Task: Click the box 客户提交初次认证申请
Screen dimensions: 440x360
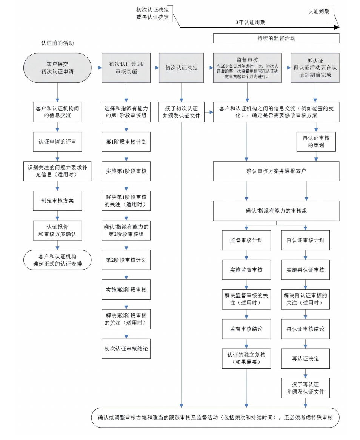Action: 58,68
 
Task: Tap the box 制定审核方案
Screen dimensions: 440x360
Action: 57,201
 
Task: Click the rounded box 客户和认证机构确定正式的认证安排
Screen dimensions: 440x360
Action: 57,260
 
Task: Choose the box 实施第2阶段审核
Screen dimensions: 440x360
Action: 126,290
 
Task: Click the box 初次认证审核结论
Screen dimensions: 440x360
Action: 126,349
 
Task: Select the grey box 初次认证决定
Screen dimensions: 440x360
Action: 182,68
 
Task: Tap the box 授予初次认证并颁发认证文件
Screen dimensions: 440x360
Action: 182,112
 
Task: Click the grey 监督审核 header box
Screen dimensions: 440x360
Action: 248,68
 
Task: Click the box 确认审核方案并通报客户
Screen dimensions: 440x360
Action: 276,171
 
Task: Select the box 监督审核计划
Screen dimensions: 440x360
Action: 246,240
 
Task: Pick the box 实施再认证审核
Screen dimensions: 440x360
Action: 305,270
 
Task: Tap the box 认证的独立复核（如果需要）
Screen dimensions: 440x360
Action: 246,358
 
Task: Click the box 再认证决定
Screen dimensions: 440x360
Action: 305,358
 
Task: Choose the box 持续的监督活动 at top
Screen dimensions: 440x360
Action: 276,38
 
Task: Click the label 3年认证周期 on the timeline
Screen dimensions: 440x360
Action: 251,22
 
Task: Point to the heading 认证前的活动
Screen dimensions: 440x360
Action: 57,43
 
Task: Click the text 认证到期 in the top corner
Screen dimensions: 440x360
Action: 318,11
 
